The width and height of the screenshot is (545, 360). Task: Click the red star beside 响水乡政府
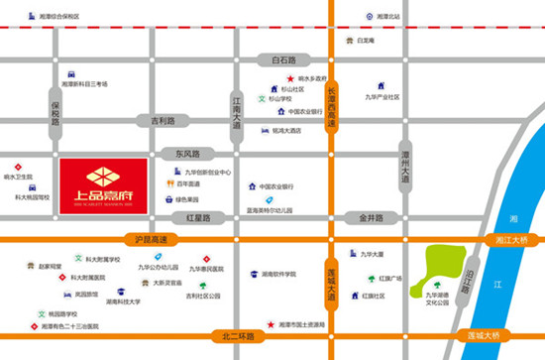coord(290,78)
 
